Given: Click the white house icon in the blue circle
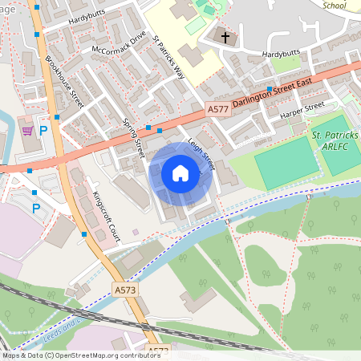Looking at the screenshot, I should pos(180,172).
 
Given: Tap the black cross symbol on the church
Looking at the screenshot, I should pos(225,37).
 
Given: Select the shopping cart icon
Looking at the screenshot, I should pos(27,130).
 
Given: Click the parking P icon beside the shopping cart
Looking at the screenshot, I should pos(44,131).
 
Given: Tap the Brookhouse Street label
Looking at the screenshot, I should pos(64,81).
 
